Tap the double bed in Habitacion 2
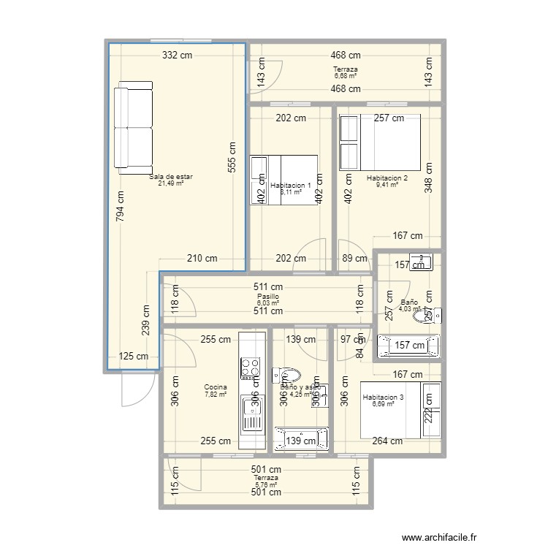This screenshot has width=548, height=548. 380,142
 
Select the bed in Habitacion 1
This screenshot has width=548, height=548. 283,180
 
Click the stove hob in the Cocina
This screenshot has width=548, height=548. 251,369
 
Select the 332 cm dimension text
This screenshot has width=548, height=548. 177,55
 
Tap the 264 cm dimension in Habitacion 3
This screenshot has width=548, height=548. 387,441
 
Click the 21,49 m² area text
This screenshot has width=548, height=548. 170,183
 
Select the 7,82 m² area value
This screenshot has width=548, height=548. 216,395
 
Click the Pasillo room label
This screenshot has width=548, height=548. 267,297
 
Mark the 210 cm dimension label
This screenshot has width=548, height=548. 202,258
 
